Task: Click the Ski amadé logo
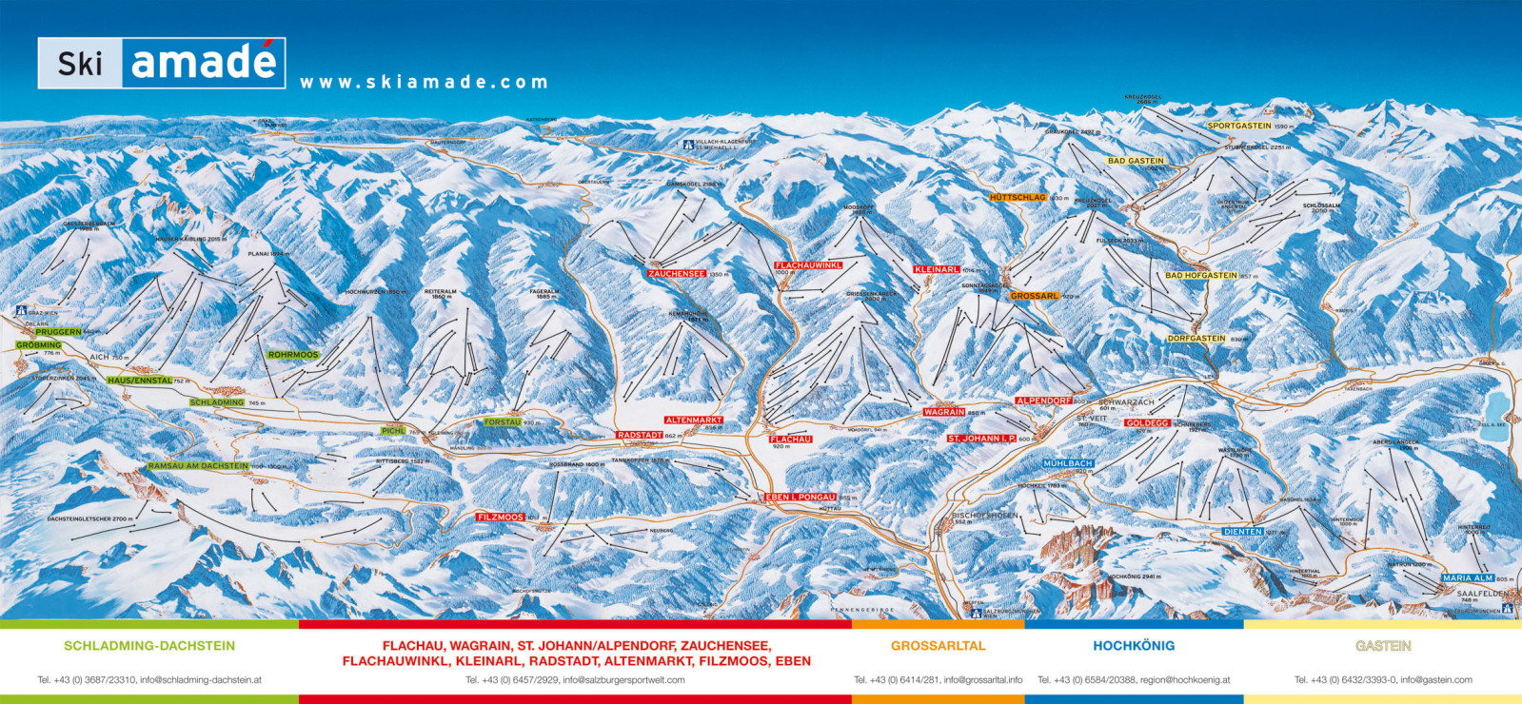point(162,63)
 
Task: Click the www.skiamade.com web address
point(424,83)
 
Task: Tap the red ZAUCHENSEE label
point(677,274)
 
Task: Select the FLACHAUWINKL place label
point(808,265)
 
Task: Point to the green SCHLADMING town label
point(217,402)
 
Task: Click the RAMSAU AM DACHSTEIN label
point(198,466)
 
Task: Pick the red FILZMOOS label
point(501,517)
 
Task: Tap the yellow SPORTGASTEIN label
point(1239,126)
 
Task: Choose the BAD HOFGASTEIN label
point(1201,276)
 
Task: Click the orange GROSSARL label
point(1035,296)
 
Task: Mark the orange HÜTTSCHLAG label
point(1018,197)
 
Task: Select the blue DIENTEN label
point(1243,532)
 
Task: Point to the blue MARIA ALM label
point(1468,578)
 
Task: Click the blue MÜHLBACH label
point(1068,463)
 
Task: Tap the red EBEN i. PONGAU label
point(801,497)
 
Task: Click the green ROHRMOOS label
point(293,355)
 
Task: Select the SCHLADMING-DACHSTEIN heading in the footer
point(149,645)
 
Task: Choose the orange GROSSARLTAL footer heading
point(938,645)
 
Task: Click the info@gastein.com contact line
point(1383,680)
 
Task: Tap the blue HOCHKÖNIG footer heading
point(1134,645)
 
